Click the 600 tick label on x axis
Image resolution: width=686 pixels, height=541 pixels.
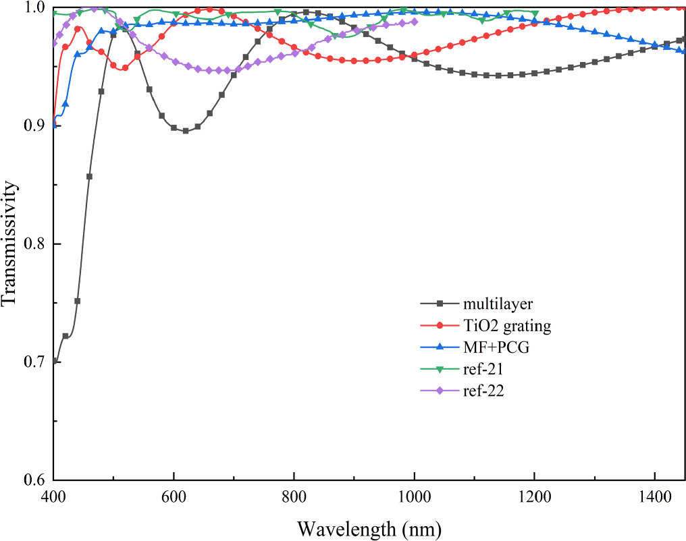pyautogui.click(x=174, y=497)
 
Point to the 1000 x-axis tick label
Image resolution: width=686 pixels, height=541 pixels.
pyautogui.click(x=414, y=497)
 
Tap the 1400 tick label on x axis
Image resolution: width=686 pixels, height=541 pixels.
pyautogui.click(x=654, y=497)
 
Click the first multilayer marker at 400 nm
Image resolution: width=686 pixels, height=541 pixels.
pyautogui.click(x=54, y=361)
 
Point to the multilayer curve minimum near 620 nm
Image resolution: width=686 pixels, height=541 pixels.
pyautogui.click(x=186, y=131)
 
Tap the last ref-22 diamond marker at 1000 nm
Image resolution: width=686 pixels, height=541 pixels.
pyautogui.click(x=414, y=22)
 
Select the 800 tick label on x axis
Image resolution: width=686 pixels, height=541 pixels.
pyautogui.click(x=294, y=497)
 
